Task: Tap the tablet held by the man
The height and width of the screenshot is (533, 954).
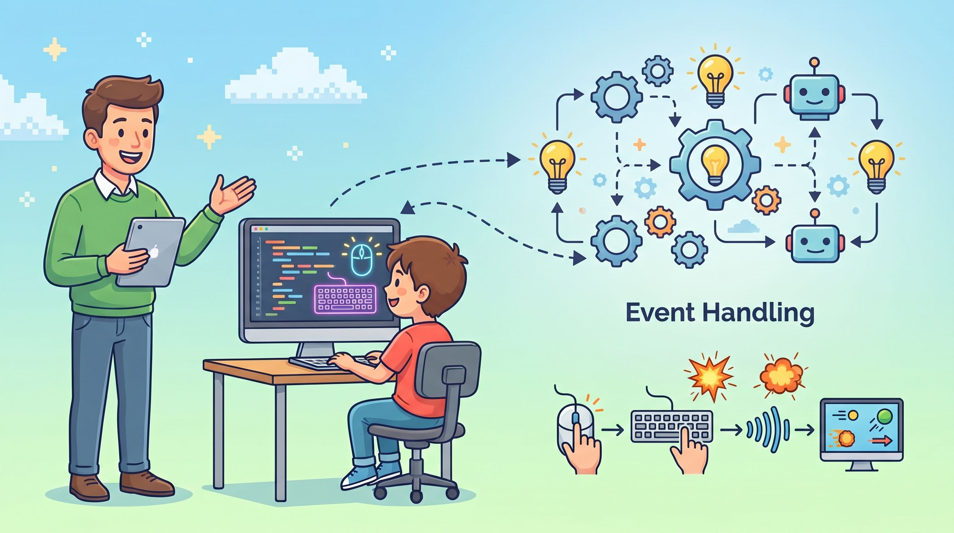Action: click(x=151, y=252)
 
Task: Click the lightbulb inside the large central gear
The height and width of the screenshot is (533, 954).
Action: click(x=715, y=165)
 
